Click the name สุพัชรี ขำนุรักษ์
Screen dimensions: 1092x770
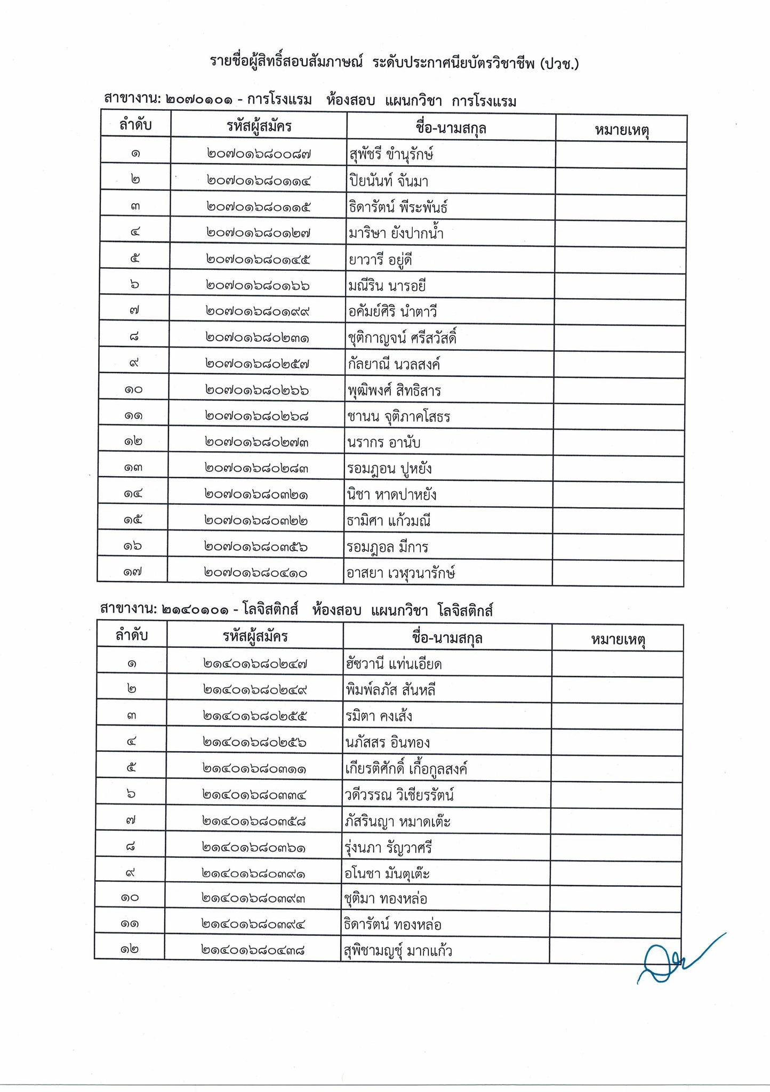pos(390,155)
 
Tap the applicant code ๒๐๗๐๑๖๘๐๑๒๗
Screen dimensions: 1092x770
pos(258,233)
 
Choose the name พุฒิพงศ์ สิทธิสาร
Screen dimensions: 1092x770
pos(394,391)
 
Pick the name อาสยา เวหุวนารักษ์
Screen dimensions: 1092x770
pos(400,573)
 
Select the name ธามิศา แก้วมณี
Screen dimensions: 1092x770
pos(388,521)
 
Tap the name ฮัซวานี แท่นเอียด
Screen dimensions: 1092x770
pos(394,664)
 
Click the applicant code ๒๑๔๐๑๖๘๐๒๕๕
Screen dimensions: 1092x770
pos(255,716)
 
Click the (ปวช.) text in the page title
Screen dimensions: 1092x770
pos(559,63)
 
